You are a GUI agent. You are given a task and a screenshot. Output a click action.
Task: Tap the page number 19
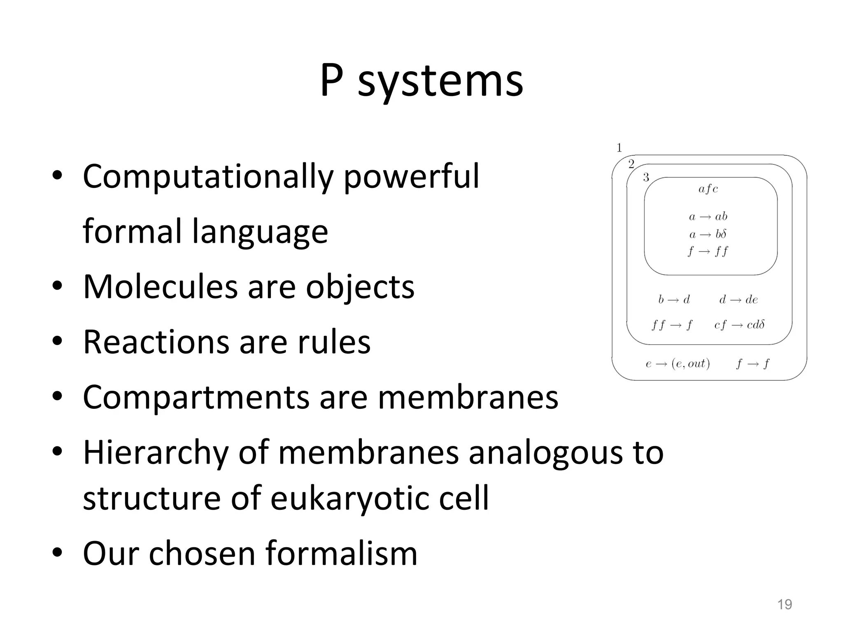pos(784,604)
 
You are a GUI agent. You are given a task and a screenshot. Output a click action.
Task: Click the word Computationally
pos(207,177)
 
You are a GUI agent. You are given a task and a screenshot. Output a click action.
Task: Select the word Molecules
pos(160,287)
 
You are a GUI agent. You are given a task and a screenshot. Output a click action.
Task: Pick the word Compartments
pos(196,398)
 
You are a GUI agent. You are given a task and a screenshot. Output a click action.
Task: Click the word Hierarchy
pos(156,452)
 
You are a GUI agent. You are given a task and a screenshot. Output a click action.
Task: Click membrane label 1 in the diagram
pos(619,148)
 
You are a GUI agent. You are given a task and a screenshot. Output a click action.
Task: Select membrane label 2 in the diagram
pos(631,164)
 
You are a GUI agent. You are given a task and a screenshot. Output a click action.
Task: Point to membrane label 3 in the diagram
pos(646,177)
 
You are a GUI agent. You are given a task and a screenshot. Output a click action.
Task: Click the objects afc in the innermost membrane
pos(708,189)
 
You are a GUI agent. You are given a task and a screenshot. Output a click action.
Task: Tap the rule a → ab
pos(708,216)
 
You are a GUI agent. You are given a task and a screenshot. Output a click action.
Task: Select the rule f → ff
pos(708,251)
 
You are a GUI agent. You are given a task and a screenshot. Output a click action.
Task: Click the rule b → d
pos(674,300)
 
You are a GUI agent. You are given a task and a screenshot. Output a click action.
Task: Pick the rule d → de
pos(738,300)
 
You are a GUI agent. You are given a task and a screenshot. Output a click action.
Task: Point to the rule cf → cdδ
pos(739,325)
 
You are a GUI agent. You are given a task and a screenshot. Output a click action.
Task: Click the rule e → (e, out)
pos(678,364)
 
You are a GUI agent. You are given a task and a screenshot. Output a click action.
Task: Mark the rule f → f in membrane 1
pos(752,364)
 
